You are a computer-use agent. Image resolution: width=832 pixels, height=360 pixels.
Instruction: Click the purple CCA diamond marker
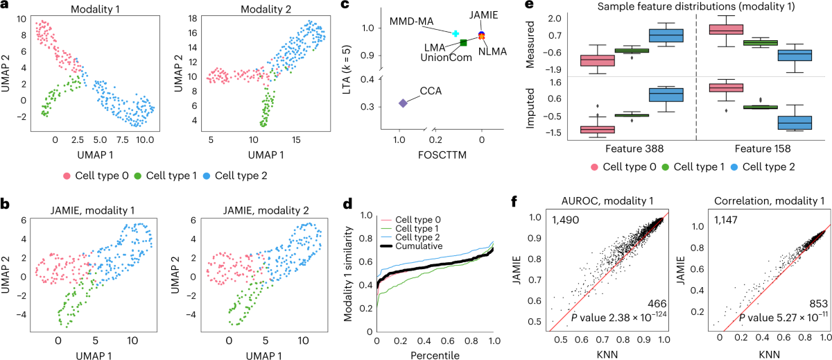coord(403,103)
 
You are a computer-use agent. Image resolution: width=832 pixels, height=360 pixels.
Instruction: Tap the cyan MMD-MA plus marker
coord(456,33)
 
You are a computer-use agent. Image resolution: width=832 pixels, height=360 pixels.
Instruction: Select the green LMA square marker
coord(463,43)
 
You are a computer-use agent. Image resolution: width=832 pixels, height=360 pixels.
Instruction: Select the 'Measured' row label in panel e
coord(553,43)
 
